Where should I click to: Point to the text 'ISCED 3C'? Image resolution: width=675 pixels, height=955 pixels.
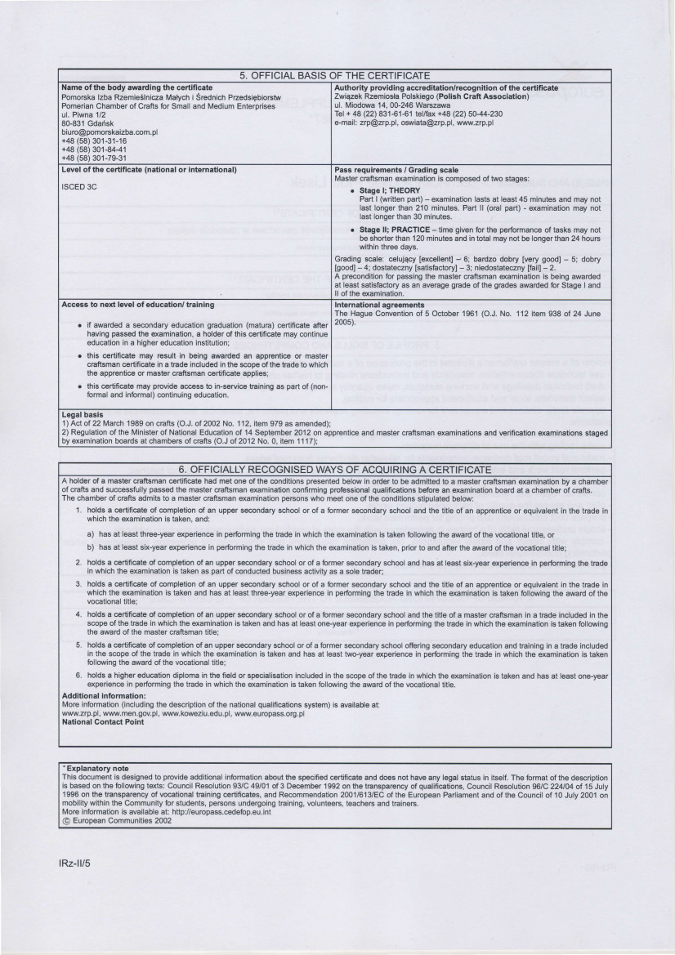tap(78, 185)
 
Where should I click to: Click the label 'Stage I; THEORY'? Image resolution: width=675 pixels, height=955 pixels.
tap(391, 190)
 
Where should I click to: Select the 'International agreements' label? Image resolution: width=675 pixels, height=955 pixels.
tap(381, 304)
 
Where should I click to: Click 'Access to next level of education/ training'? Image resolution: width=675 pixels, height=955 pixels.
tap(127, 304)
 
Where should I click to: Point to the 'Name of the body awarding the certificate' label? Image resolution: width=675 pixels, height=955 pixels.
tap(137, 87)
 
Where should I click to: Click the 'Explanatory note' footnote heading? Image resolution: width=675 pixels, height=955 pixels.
tap(96, 769)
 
